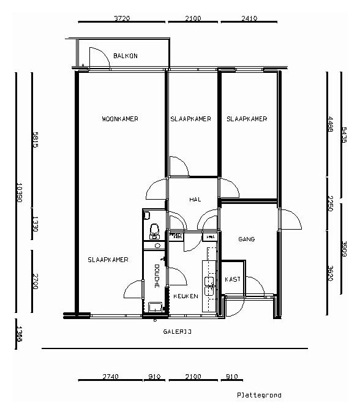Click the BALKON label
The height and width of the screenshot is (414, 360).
126,56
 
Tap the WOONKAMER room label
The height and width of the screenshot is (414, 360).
120,119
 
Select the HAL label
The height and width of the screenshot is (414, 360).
195,200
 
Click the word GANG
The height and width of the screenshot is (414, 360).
246,239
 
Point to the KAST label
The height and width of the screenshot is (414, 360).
233,279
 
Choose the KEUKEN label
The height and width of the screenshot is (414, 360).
186,296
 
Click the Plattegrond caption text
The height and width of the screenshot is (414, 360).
259,396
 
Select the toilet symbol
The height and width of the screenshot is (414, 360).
154,230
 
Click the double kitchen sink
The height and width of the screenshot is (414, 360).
209,286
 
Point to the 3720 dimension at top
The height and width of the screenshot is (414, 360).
122,18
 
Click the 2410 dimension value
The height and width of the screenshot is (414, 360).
249,18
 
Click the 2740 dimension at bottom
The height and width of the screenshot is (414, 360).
110,377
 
